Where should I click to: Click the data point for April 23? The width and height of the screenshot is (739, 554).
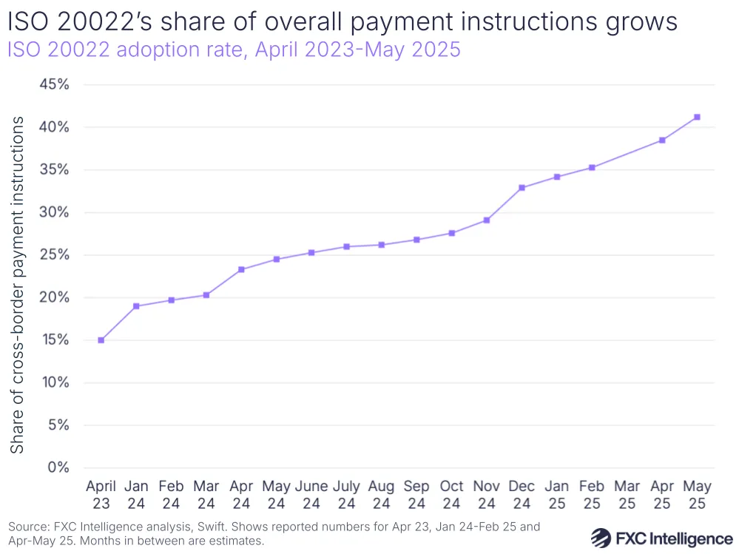pyautogui.click(x=101, y=340)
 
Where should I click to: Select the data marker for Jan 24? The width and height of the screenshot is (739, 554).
pyautogui.click(x=136, y=306)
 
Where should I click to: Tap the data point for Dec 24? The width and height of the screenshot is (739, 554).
pyautogui.click(x=522, y=188)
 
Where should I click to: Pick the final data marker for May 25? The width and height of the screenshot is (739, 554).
pyautogui.click(x=697, y=117)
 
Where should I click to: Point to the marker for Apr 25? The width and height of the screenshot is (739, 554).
pyautogui.click(x=662, y=140)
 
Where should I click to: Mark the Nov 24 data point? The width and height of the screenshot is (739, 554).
pyautogui.click(x=487, y=220)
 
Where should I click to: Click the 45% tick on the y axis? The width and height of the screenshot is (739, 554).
pyautogui.click(x=53, y=84)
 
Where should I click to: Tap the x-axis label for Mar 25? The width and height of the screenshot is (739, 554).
pyautogui.click(x=627, y=495)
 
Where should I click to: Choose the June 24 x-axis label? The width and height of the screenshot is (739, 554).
pyautogui.click(x=311, y=495)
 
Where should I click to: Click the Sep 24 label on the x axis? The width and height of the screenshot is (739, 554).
pyautogui.click(x=416, y=495)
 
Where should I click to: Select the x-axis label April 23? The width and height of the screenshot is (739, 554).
pyautogui.click(x=101, y=495)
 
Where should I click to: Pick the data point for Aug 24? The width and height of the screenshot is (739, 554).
pyautogui.click(x=382, y=245)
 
